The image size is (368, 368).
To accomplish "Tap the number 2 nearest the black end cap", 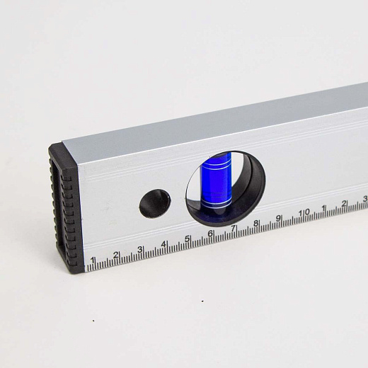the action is click(x=116, y=255).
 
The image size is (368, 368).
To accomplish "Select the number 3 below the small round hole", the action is click(x=140, y=249).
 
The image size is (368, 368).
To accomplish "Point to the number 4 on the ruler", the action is click(x=164, y=243).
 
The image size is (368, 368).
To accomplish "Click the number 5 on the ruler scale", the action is click(x=188, y=238).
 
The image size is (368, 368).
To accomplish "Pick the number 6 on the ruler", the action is click(x=210, y=234).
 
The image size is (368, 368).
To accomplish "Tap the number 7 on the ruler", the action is click(x=233, y=228).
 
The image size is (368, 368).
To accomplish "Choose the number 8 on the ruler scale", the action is click(x=255, y=223).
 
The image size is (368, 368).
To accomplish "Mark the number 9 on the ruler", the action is click(x=278, y=218).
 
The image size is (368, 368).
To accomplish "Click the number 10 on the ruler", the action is click(x=304, y=212).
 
